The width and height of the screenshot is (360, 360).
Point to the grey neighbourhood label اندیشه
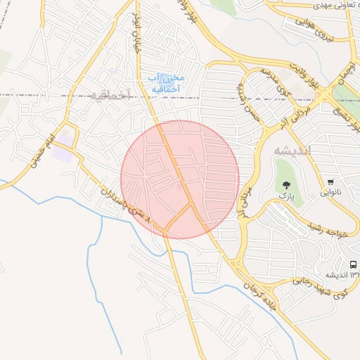pos(287,151)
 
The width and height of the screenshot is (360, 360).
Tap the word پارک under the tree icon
pos(285,195)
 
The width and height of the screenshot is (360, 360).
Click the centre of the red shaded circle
pos(180,179)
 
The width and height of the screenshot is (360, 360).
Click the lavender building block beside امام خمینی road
pos(63,150)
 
